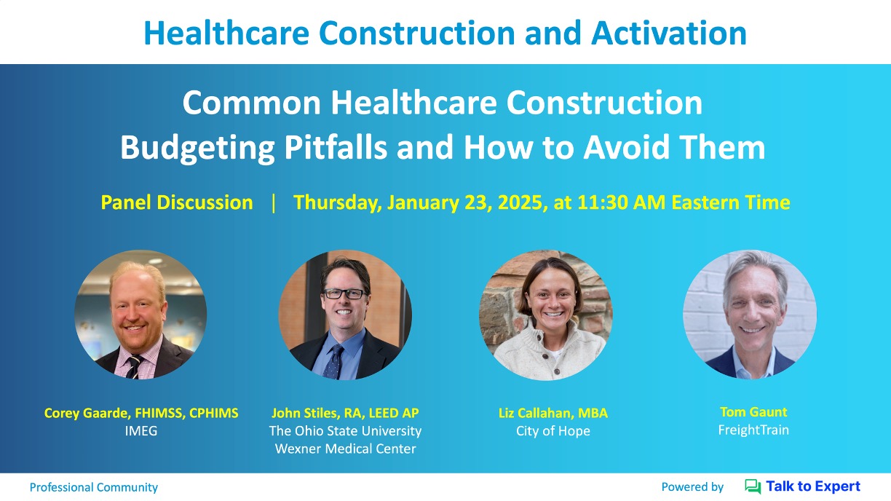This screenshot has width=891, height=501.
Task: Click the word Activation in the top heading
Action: pyautogui.click(x=669, y=33)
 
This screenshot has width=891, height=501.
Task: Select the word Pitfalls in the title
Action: pyautogui.click(x=336, y=147)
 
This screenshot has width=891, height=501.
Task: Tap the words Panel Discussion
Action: pyautogui.click(x=177, y=202)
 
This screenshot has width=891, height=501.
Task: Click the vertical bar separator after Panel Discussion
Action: pyautogui.click(x=273, y=203)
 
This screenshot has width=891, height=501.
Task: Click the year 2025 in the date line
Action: pyautogui.click(x=520, y=202)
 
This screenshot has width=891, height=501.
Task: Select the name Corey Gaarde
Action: pyautogui.click(x=87, y=413)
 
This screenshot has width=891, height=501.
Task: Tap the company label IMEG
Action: pyautogui.click(x=141, y=431)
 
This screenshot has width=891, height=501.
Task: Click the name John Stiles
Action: pyautogui.click(x=304, y=413)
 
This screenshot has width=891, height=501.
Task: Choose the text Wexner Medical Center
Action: pyautogui.click(x=345, y=449)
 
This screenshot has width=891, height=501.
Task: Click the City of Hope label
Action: pyautogui.click(x=553, y=431)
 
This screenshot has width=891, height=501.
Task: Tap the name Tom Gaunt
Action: pyautogui.click(x=753, y=412)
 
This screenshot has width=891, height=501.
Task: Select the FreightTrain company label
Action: pyautogui.click(x=753, y=430)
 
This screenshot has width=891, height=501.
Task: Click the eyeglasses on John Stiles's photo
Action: pyautogui.click(x=344, y=294)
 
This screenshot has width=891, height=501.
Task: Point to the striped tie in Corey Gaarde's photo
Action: pyautogui.click(x=134, y=366)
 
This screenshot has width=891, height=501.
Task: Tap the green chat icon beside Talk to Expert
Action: pyautogui.click(x=753, y=486)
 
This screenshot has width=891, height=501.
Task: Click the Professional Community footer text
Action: pyautogui.click(x=94, y=487)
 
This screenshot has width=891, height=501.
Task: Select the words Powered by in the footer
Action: pyautogui.click(x=692, y=487)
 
